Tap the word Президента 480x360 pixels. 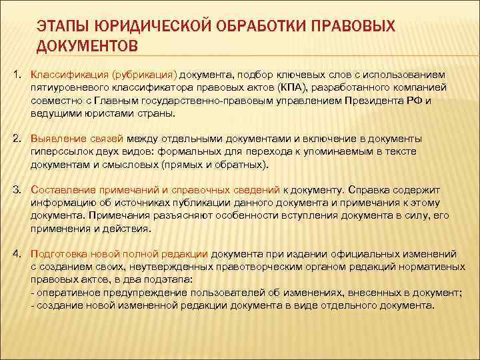369,101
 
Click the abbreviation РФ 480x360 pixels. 410,101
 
